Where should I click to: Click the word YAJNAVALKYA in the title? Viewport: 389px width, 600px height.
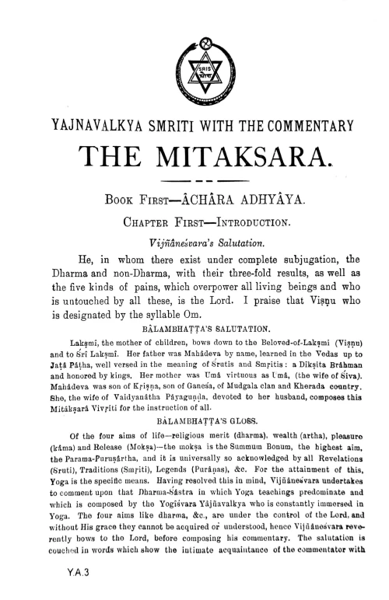[x=86, y=122]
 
